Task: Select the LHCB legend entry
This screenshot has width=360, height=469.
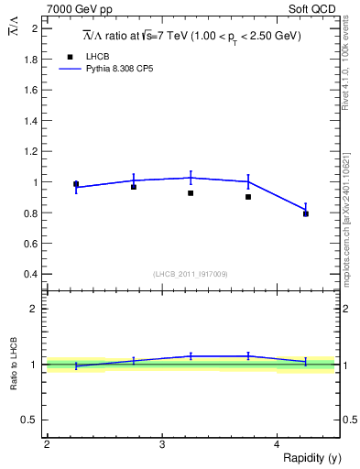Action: pyautogui.click(x=96, y=56)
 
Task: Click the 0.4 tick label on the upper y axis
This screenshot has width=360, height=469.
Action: pyautogui.click(x=30, y=274)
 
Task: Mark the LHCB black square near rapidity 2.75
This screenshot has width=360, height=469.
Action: pyautogui.click(x=134, y=187)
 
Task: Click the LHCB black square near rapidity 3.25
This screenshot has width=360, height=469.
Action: pyautogui.click(x=191, y=193)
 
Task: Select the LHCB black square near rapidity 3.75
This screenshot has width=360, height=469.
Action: pyautogui.click(x=248, y=197)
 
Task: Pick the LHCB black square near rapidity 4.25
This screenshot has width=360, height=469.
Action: pyautogui.click(x=306, y=213)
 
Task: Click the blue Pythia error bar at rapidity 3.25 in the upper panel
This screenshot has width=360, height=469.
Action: pyautogui.click(x=191, y=178)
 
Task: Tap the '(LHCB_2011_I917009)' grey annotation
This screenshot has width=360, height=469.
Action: pyautogui.click(x=191, y=274)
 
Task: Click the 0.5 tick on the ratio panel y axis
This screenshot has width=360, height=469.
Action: pyautogui.click(x=30, y=420)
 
